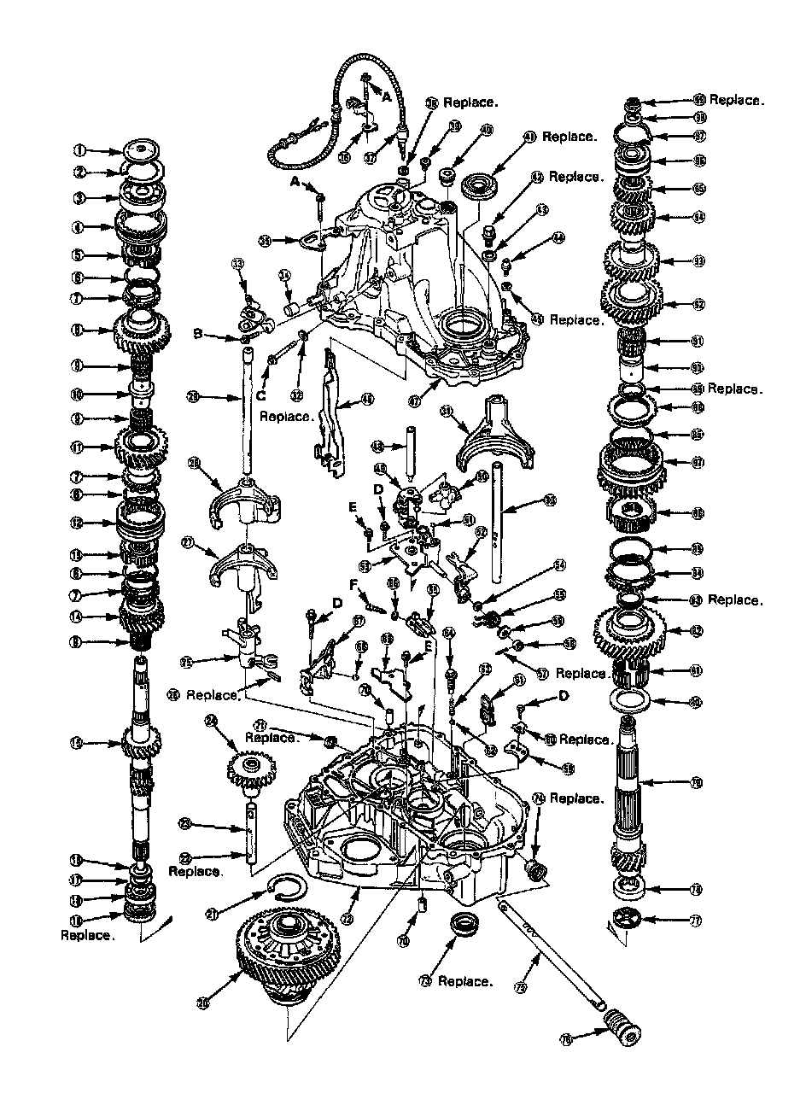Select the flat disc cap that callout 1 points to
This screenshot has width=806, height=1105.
140,149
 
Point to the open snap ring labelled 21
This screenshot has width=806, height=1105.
290,891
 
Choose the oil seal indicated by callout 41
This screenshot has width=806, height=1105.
481,184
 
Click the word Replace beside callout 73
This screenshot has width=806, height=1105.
465,981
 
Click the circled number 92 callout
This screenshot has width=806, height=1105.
698,303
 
